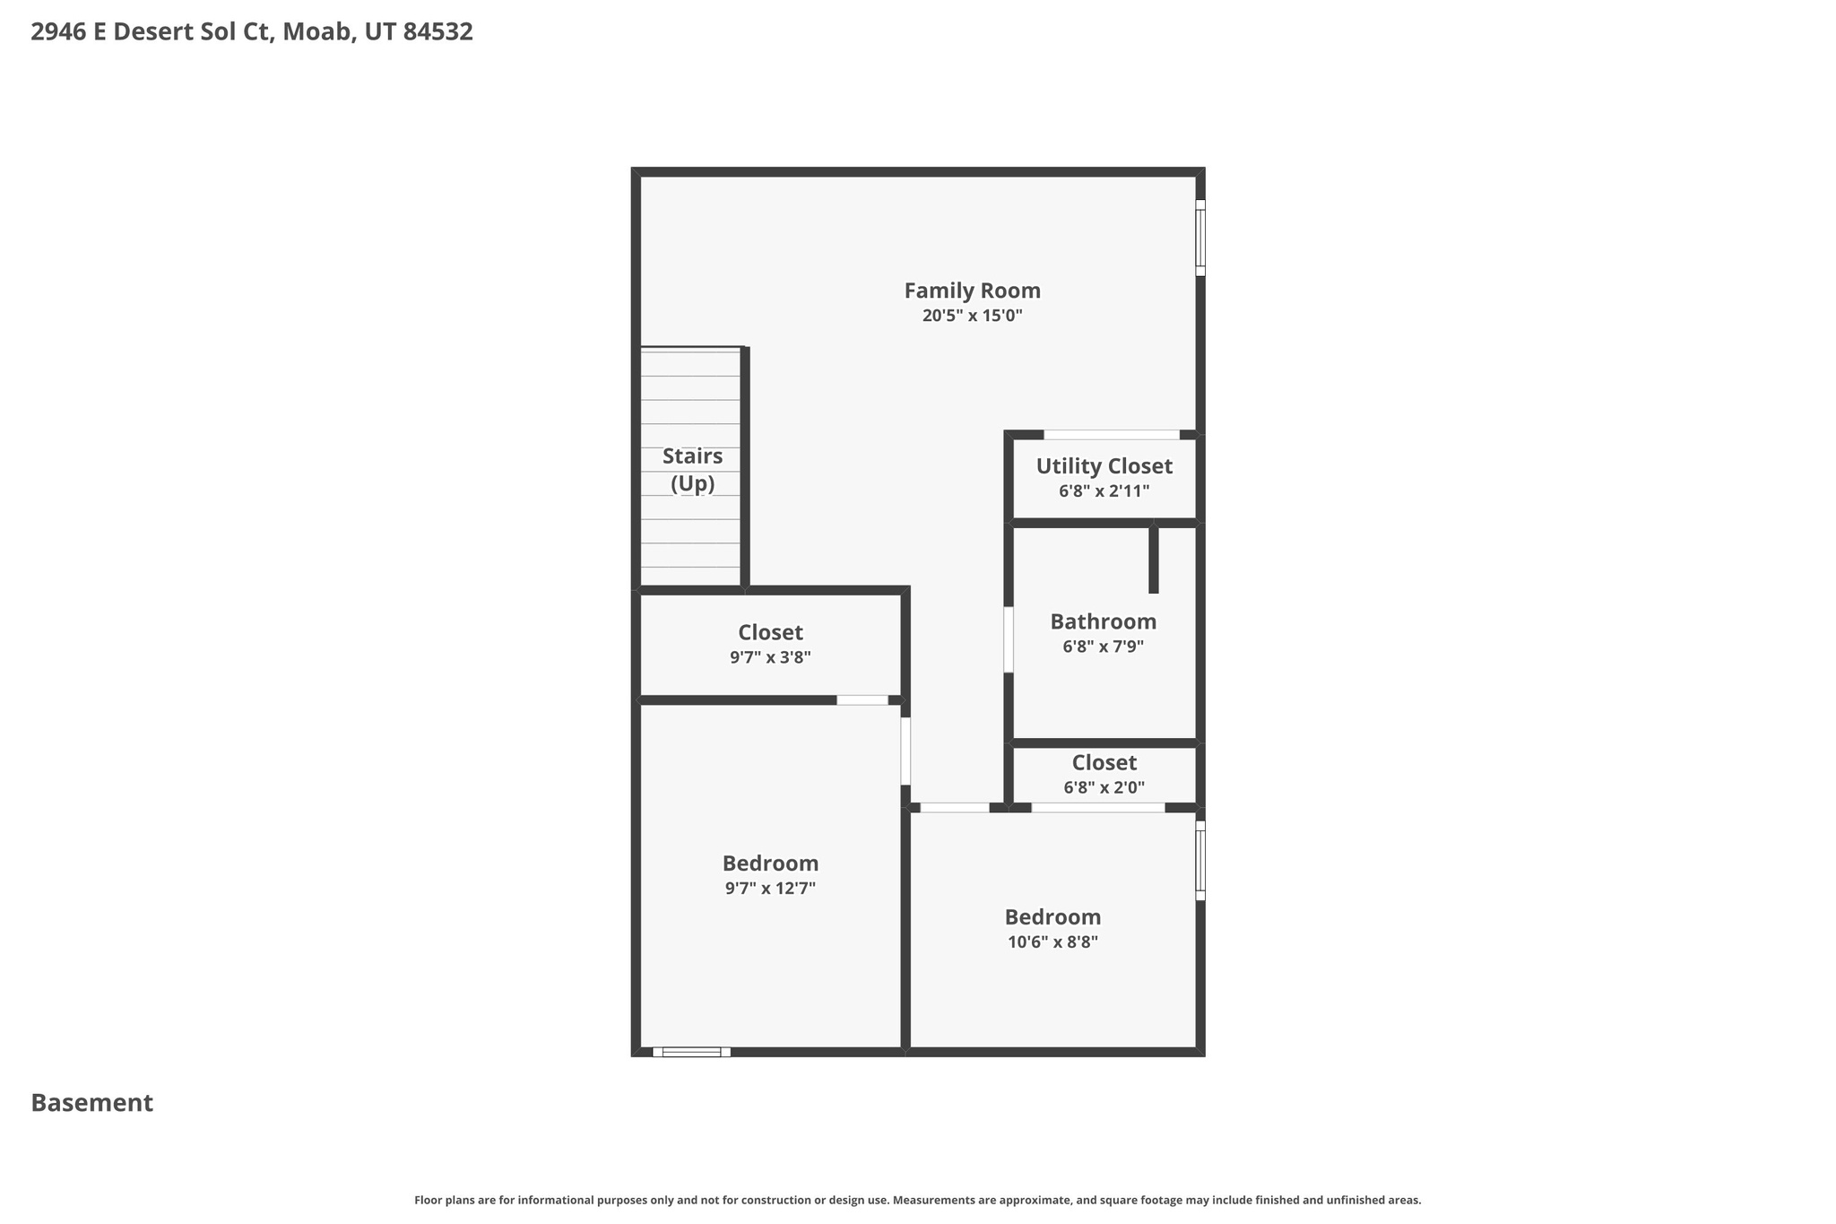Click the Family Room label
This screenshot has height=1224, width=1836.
(972, 291)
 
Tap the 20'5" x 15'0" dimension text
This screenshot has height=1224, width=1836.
(972, 316)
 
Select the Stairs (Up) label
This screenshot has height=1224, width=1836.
(692, 469)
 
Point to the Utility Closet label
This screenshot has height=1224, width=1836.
(1104, 466)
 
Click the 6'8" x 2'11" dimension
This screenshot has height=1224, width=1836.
(1104, 491)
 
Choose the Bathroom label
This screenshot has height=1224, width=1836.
(1103, 621)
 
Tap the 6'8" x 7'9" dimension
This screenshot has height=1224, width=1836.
(1103, 647)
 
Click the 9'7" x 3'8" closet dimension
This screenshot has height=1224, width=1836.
(770, 657)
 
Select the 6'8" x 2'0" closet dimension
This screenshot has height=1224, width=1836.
(1104, 788)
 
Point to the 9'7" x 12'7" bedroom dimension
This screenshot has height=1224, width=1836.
(770, 889)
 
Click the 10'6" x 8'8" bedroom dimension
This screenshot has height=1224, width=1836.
(1052, 942)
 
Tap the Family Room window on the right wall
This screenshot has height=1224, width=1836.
(1200, 238)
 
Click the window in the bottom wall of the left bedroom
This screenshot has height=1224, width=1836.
(691, 1052)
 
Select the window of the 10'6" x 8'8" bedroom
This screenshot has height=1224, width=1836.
(1200, 861)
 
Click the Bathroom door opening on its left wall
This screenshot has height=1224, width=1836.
(1009, 639)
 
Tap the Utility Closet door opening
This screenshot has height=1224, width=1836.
(1112, 435)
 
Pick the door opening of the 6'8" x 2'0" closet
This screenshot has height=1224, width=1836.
(1098, 808)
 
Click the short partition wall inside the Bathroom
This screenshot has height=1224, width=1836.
(1154, 560)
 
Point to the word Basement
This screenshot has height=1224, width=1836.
(92, 1103)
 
